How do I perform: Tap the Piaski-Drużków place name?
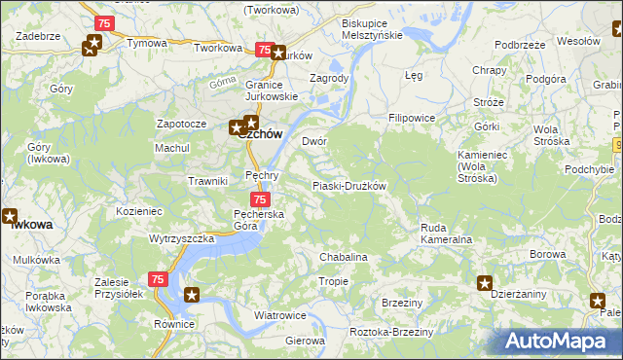coord(349,186)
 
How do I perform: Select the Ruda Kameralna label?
coord(446,234)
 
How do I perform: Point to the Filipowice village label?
coord(412,118)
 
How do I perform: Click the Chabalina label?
coord(343,257)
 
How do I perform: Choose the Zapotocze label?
coord(181,125)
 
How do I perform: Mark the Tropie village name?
coord(334,281)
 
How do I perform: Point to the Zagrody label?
coord(328,78)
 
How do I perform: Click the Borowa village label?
coord(549,255)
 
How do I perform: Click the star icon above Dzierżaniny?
coord(485,283)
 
